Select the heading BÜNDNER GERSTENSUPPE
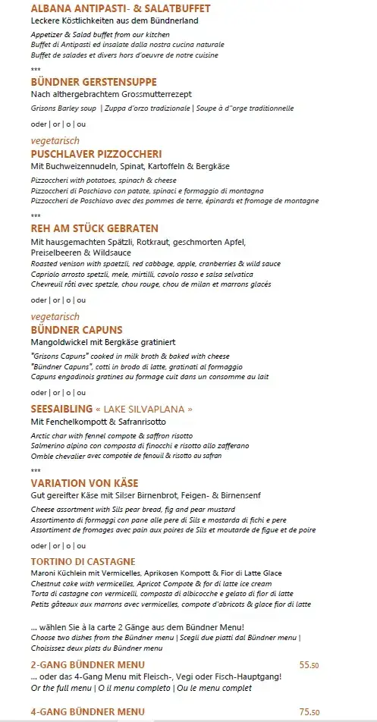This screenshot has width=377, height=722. coord(94,81)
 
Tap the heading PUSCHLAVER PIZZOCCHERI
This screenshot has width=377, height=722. coord(96,154)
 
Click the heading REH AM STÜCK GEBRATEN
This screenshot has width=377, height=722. coord(95,228)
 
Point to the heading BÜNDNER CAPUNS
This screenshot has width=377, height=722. coord(77,329)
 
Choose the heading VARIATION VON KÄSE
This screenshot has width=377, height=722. coord(84,482)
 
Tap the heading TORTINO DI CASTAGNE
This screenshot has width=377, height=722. coord(83,560)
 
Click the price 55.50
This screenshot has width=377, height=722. coord(309,664)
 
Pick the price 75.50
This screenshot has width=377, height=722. coord(309,711)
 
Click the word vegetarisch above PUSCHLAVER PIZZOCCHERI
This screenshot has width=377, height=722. coord(55,141)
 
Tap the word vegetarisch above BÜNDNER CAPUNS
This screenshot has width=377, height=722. coord(55,316)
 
